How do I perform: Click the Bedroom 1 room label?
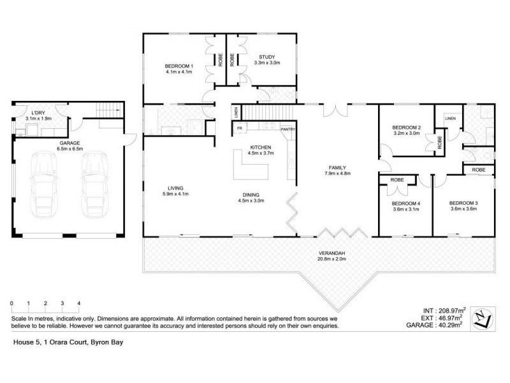coord(179,66)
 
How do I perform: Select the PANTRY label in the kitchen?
coord(288,128)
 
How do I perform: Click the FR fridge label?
coord(240,128)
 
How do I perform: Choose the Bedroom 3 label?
coord(463,203)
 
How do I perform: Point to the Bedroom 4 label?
coord(406,203)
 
